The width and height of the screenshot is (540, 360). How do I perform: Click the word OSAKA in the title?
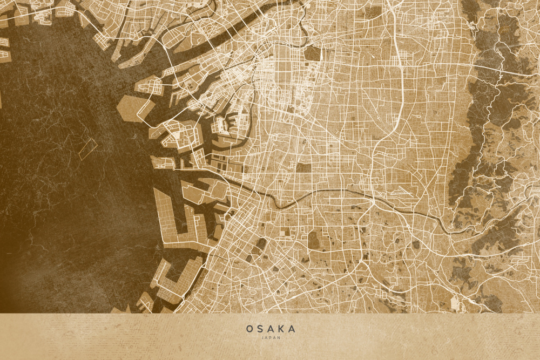[x=271, y=329]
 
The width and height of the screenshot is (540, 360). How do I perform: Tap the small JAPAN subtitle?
[x=271, y=338]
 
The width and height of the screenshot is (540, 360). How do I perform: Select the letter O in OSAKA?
[x=249, y=329]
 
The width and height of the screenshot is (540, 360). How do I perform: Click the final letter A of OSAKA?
[x=292, y=329]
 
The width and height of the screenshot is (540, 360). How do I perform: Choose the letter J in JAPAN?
[x=262, y=338]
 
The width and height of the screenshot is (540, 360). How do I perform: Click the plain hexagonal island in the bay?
[x=130, y=108]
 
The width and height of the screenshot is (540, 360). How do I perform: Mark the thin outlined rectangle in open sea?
[x=87, y=148]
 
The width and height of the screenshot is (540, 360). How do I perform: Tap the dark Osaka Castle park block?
[x=312, y=53]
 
